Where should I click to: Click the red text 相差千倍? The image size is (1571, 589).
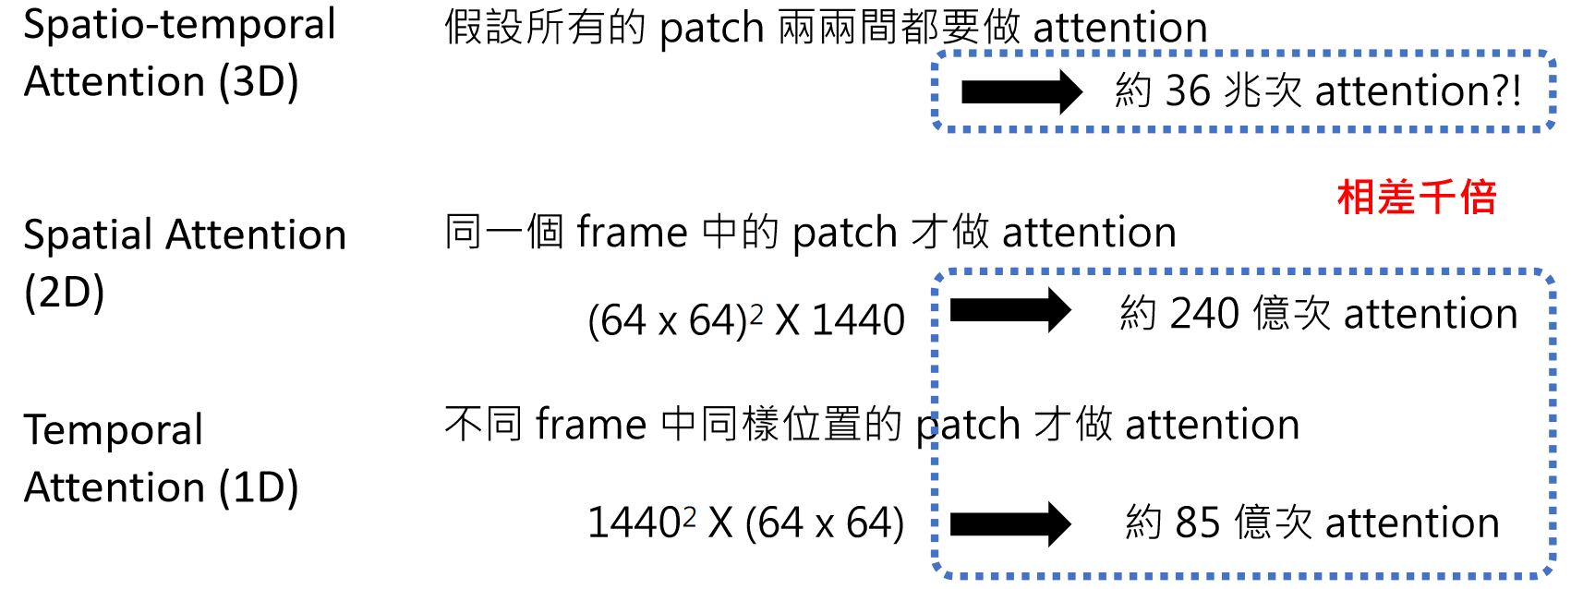click(1416, 198)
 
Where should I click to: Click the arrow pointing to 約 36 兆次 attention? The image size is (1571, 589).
click(1021, 91)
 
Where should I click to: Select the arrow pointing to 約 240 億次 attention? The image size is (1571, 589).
click(1009, 310)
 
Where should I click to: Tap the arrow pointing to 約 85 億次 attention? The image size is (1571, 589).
click(1009, 523)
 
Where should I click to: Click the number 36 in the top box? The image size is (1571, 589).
click(1187, 91)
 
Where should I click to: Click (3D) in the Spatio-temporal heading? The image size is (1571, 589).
click(259, 82)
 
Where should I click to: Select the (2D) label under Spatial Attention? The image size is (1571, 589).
click(64, 293)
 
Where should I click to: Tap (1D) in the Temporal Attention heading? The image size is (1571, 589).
click(259, 487)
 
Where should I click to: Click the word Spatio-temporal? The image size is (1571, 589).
click(179, 25)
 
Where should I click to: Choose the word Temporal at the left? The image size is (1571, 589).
click(113, 430)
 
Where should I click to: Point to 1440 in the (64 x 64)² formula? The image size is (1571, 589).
click(858, 321)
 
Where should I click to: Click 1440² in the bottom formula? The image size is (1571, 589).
click(641, 523)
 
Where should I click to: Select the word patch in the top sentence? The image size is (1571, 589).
click(711, 29)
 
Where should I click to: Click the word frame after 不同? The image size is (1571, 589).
click(591, 426)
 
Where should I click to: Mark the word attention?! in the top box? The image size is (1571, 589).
click(1418, 91)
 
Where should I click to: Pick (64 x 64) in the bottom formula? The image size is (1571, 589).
click(824, 523)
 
